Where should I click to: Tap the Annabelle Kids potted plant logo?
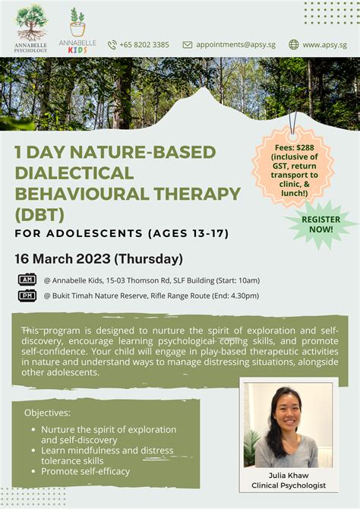[76, 23]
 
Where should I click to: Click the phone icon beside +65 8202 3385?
[112, 45]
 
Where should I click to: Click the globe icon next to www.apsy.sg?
[294, 45]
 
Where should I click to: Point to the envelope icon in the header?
[188, 45]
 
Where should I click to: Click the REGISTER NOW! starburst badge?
[321, 223]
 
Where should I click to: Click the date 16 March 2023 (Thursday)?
[99, 258]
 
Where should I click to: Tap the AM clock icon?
[27, 280]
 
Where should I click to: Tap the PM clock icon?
[27, 296]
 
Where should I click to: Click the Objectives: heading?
[47, 413]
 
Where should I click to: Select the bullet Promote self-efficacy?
[85, 471]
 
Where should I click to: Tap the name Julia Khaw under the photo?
[288, 475]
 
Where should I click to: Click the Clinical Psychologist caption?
[288, 485]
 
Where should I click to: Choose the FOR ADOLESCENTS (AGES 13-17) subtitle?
[122, 232]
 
